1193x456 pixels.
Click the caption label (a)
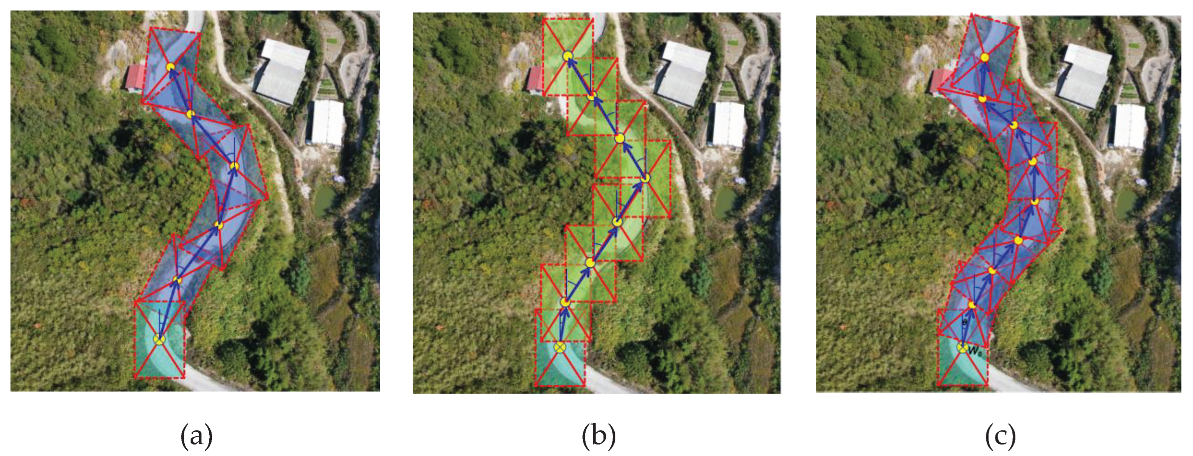click(x=196, y=436)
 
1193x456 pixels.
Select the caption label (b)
click(x=598, y=436)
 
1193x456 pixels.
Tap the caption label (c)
click(x=1000, y=436)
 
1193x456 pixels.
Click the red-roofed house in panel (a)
click(x=134, y=78)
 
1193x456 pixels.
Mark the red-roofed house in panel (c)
click(x=940, y=81)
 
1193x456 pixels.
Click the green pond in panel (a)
click(x=325, y=200)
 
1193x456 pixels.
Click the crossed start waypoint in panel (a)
click(x=159, y=340)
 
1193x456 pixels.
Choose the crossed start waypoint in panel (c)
click(x=962, y=348)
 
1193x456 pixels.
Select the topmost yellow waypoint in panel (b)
click(x=568, y=56)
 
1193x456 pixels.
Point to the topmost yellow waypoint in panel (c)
click(x=985, y=57)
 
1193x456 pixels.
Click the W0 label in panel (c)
click(x=974, y=352)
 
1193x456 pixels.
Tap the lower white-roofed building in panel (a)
click(x=327, y=121)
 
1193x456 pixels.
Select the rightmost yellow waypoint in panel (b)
click(x=646, y=178)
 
